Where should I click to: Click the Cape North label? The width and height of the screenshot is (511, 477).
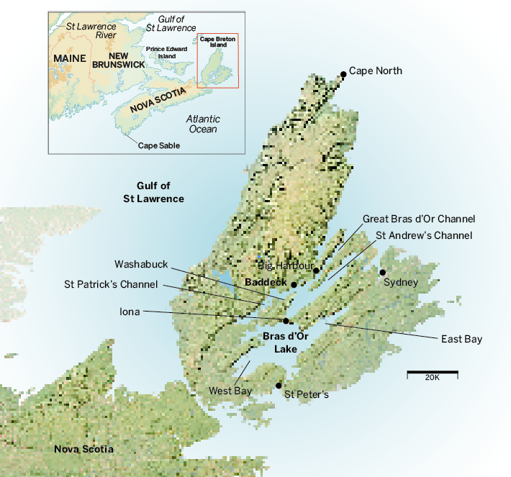click(x=375, y=71)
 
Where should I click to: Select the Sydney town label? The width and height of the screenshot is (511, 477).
click(x=400, y=282)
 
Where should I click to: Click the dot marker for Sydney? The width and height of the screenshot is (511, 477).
click(x=383, y=272)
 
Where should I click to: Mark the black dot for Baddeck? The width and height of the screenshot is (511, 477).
click(x=294, y=284)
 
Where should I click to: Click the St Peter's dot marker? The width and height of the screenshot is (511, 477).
click(x=279, y=386)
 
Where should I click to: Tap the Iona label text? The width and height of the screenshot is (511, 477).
click(x=130, y=312)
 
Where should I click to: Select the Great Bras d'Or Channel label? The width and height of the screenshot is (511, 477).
click(x=418, y=218)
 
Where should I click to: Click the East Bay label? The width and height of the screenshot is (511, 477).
click(x=462, y=339)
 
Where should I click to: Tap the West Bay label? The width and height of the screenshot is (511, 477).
click(x=230, y=391)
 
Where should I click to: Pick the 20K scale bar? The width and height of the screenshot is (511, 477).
click(x=432, y=373)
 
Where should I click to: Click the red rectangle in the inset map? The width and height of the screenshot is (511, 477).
click(x=217, y=61)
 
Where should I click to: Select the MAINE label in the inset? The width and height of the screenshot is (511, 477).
click(x=69, y=58)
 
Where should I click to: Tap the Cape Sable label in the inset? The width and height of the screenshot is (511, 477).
click(x=158, y=145)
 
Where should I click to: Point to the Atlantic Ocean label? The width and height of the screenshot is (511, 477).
click(x=202, y=124)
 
